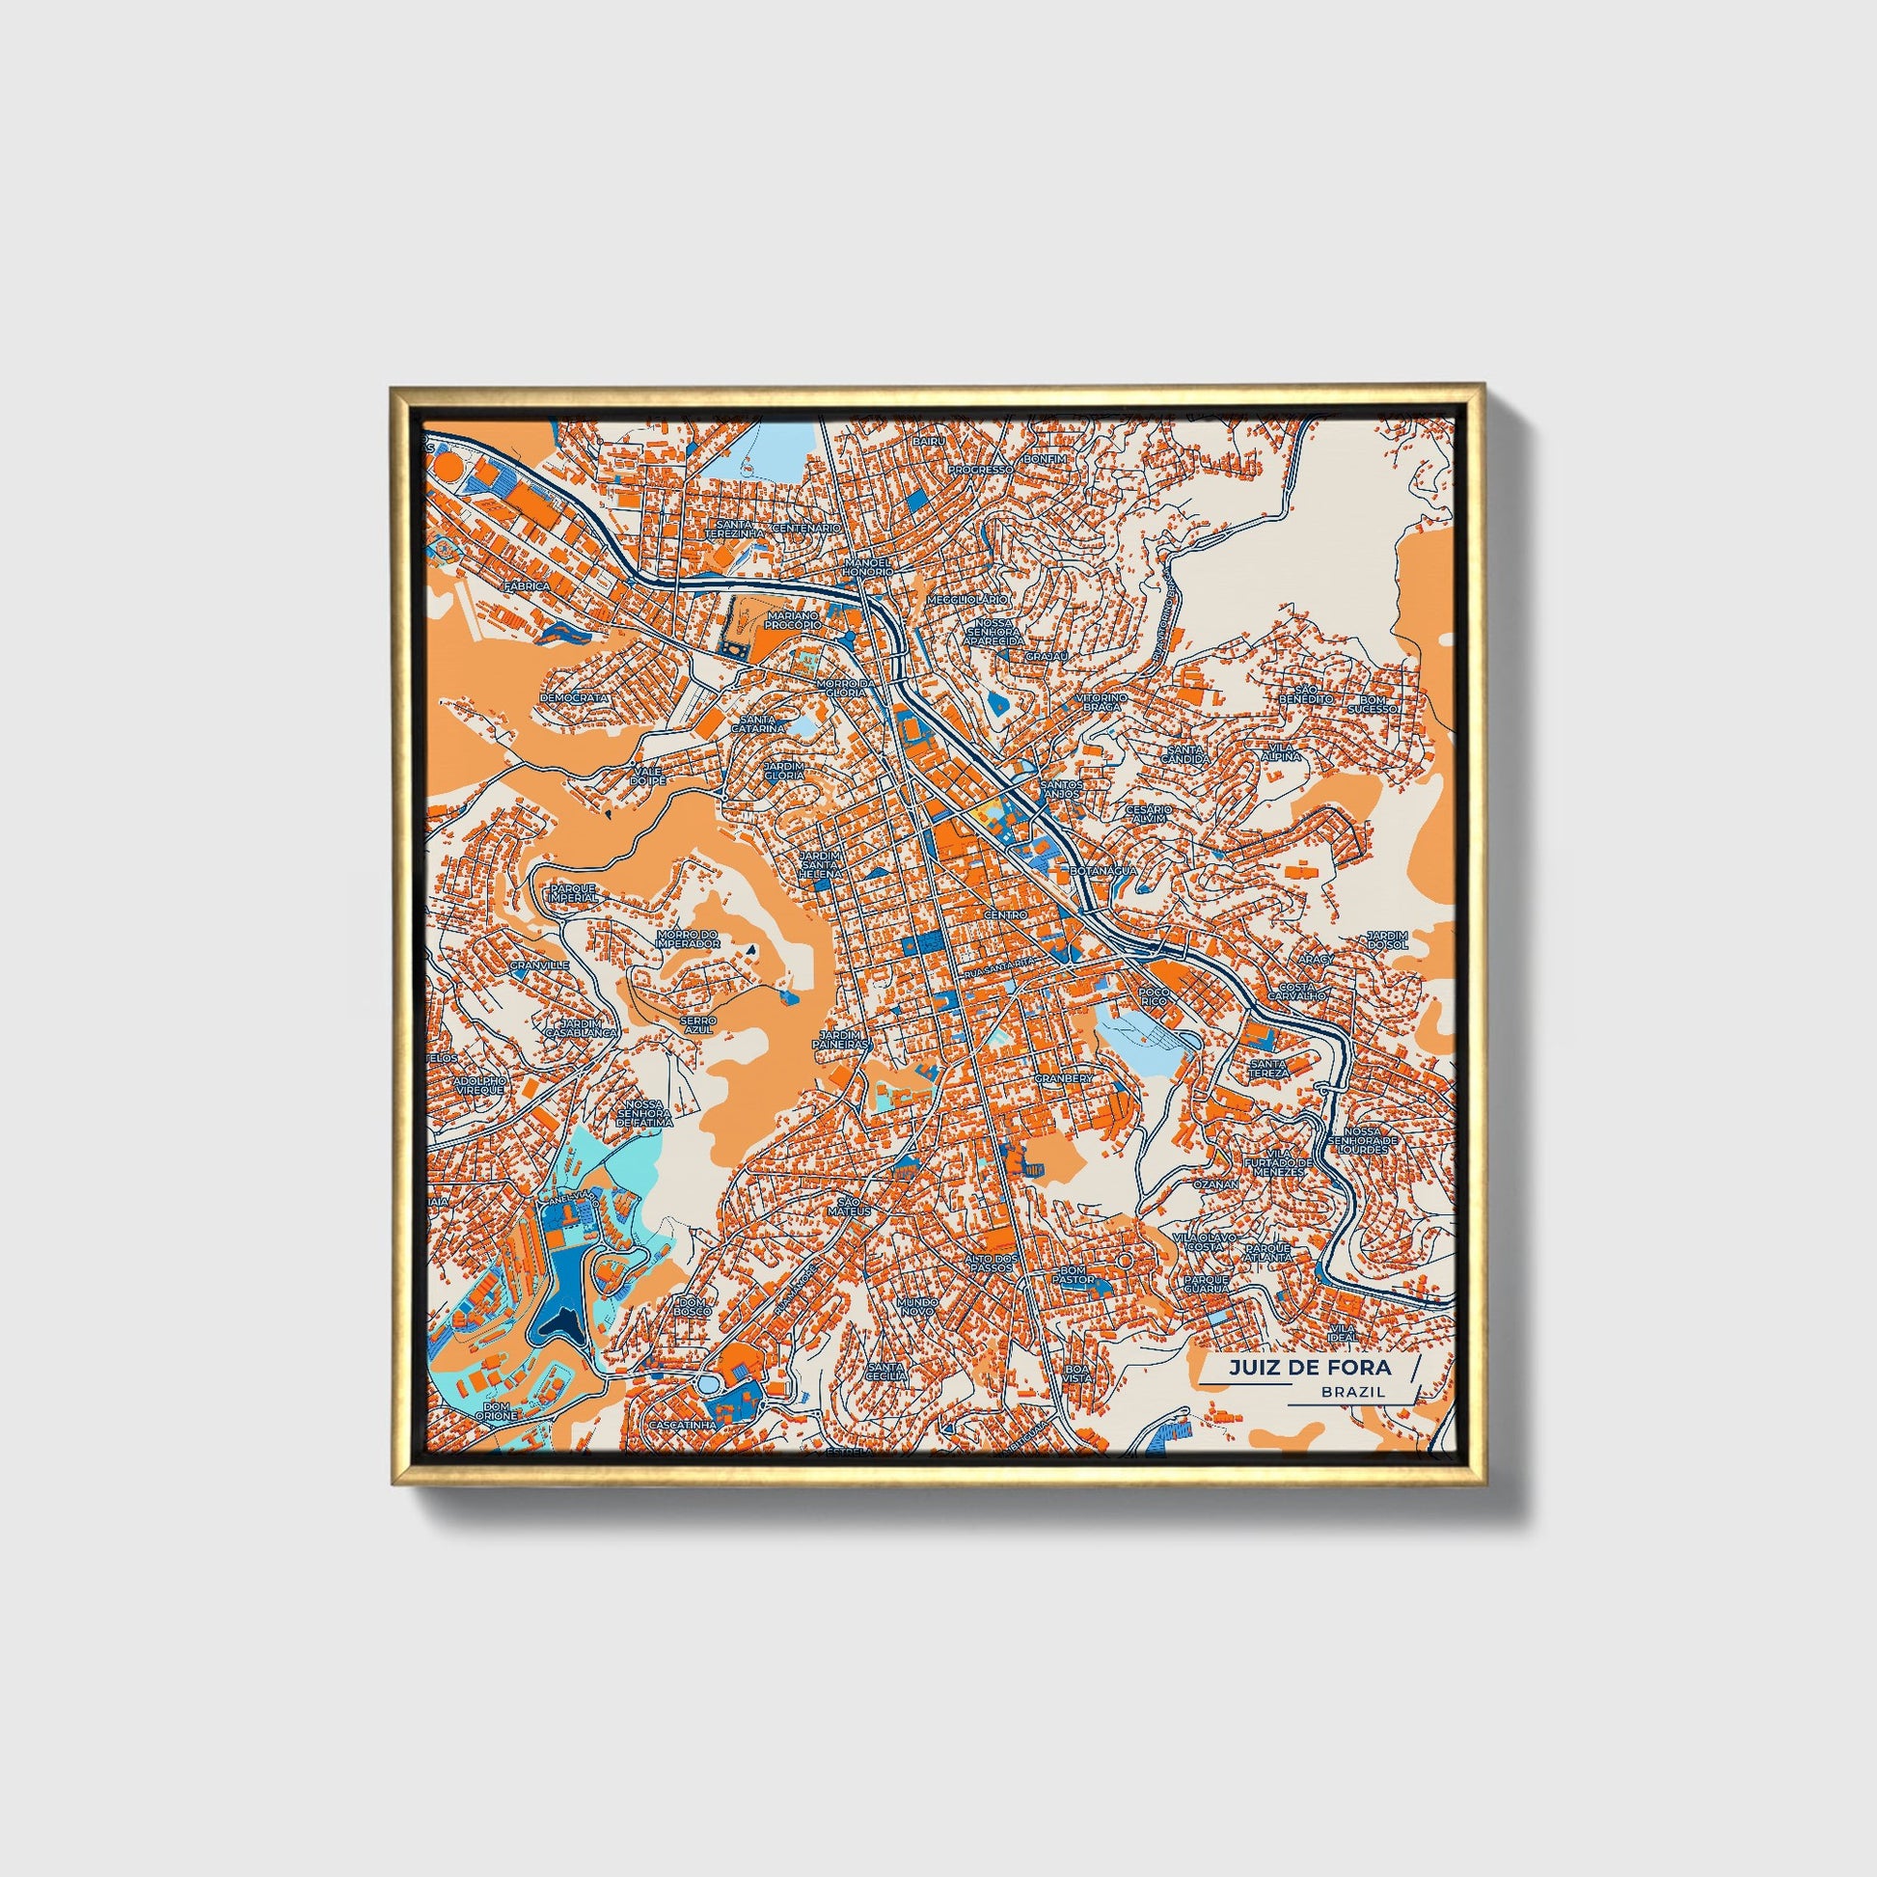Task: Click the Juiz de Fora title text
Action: (1309, 1368)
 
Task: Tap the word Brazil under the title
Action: (1353, 1391)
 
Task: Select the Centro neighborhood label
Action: (1004, 915)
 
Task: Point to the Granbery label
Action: (1064, 1078)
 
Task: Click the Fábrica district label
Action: (527, 586)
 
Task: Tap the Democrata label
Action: (574, 697)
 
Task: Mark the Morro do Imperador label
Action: (688, 938)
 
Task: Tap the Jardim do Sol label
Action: (1386, 938)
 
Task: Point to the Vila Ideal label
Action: (1343, 1332)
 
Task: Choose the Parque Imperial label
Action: (573, 893)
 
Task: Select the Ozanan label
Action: (1215, 1185)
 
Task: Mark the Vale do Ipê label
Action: (648, 775)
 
